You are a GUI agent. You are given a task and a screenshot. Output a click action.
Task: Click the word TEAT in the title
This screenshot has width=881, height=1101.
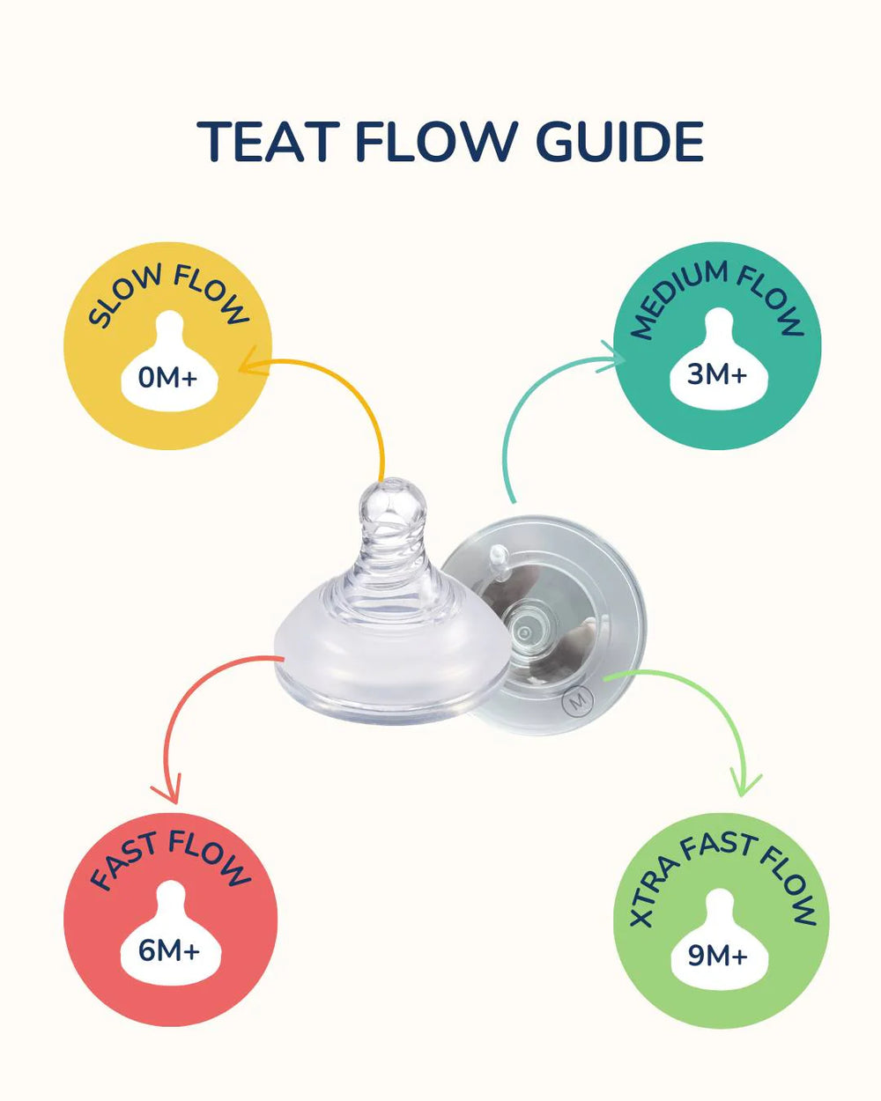click(268, 142)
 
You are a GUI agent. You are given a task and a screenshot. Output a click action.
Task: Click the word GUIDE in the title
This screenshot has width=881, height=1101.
click(619, 142)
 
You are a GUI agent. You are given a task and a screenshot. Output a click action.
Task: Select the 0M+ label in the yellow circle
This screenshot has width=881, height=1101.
click(167, 378)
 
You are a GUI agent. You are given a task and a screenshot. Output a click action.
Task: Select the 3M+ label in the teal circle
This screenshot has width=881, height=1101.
click(716, 374)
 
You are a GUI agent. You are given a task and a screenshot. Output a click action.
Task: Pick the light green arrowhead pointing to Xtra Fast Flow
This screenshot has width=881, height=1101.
click(744, 783)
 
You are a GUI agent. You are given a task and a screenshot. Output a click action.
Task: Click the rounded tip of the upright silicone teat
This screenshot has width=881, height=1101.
click(393, 491)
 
